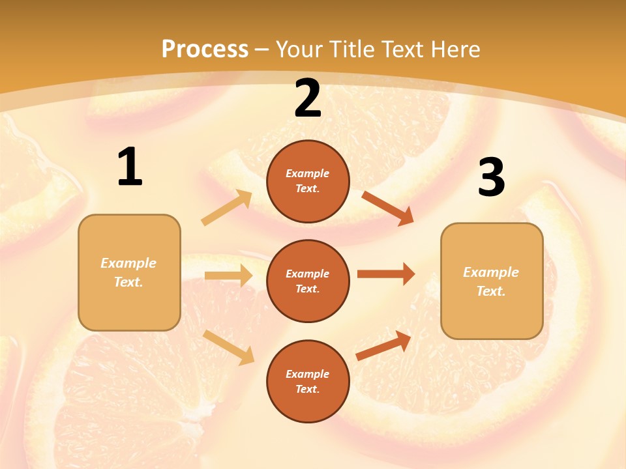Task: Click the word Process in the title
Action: point(205,50)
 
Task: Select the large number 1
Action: point(130,167)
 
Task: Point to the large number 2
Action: point(308,99)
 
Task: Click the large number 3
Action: point(491,178)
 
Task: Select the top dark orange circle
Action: point(308,181)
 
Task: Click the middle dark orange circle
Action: point(308,281)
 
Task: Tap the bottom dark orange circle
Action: point(308,381)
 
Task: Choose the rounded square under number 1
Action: point(129,272)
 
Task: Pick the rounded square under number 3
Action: point(492,281)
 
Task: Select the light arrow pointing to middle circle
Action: point(228,276)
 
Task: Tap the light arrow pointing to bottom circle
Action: point(229,347)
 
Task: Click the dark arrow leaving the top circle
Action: point(388,208)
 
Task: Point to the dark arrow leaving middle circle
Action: point(386,274)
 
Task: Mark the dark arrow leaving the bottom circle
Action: point(384,345)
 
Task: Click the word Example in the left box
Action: point(128,263)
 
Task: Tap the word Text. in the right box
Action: point(491,291)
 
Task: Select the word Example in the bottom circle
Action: point(307,374)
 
